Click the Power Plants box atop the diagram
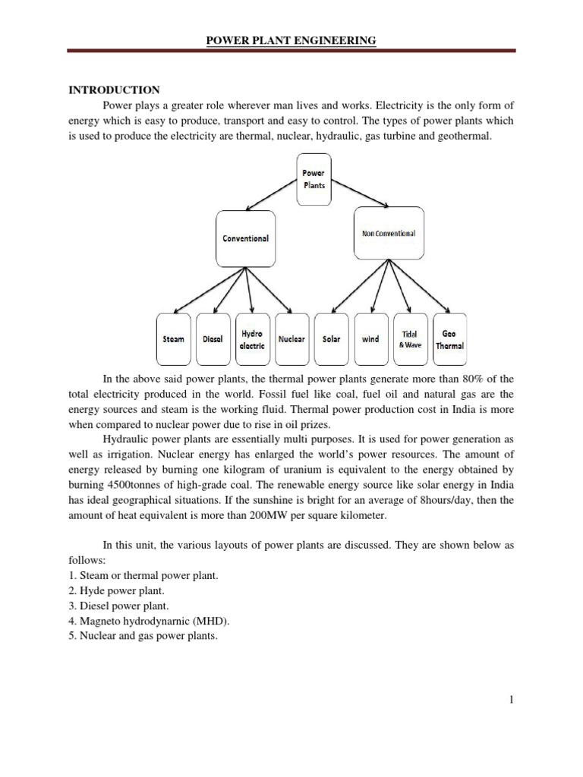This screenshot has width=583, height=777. (x=314, y=179)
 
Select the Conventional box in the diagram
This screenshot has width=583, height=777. (x=245, y=238)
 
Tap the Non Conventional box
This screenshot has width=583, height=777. (x=388, y=234)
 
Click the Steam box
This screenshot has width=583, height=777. (x=173, y=339)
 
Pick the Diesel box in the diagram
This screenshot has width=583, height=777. (x=213, y=339)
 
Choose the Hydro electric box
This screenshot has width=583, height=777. (x=252, y=339)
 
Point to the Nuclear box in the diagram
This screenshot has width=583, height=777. (x=291, y=339)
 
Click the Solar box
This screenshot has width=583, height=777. (x=331, y=339)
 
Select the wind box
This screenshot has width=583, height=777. (x=370, y=339)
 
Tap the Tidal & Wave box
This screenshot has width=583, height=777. (x=411, y=339)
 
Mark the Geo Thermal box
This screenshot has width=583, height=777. (x=449, y=339)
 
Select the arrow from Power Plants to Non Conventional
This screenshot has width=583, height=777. (x=357, y=194)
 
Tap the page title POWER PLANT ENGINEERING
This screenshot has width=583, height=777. (x=291, y=40)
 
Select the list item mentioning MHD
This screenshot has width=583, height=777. (x=143, y=621)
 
